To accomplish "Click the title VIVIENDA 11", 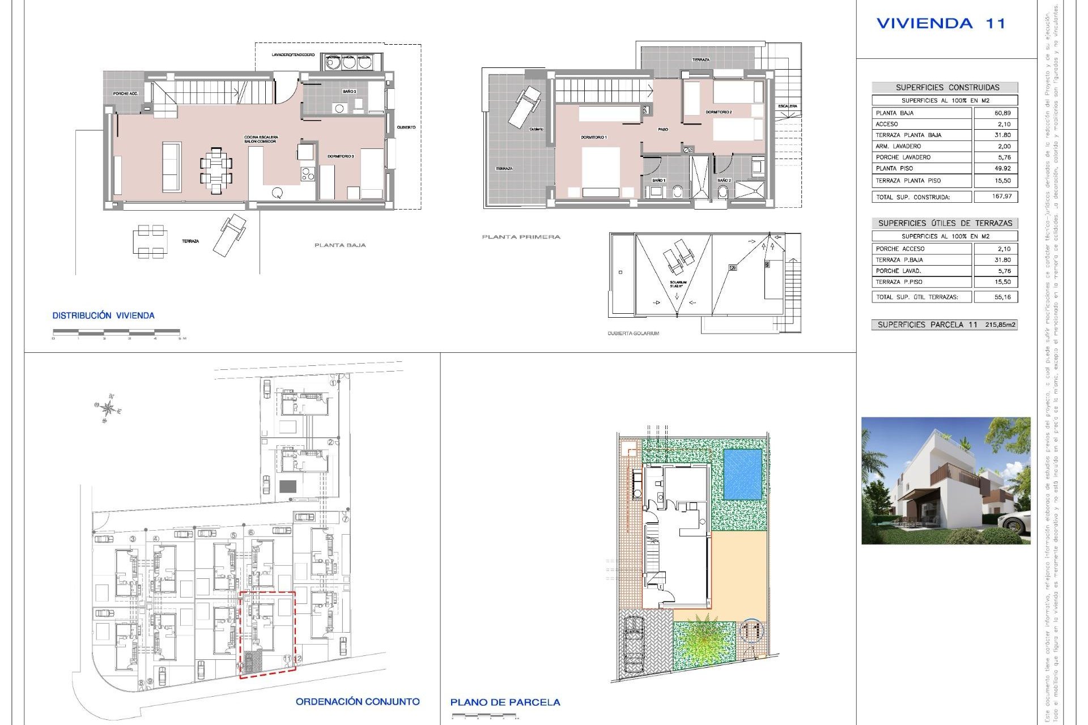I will (941, 24).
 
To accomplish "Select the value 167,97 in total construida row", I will (1002, 197).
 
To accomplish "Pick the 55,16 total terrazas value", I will (1002, 297).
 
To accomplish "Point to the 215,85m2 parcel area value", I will (1000, 325).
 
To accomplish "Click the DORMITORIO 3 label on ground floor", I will (341, 156).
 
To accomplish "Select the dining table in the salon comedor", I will (216, 170).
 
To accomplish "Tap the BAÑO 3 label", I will (349, 91).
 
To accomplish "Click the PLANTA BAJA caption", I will (340, 245).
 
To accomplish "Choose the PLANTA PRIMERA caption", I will (521, 237).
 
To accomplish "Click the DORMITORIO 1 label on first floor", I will (593, 138).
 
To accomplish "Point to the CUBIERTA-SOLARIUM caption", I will (633, 334).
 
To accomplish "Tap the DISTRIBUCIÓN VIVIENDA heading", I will (103, 315).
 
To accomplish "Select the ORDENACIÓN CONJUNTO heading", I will (358, 702).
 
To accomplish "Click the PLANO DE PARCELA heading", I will (505, 702).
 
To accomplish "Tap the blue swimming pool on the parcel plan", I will (742, 474).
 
